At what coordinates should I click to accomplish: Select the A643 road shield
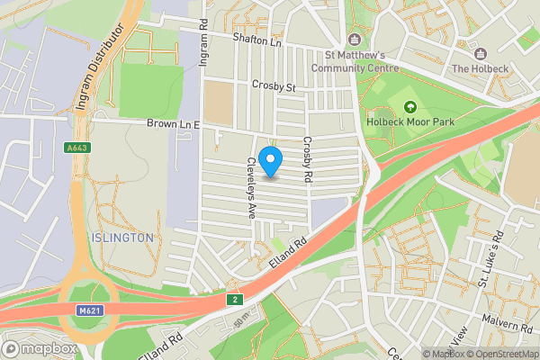[76, 148]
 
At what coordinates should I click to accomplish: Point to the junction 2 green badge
[234, 299]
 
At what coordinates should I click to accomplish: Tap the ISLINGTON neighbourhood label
[122, 237]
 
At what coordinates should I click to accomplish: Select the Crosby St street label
[273, 87]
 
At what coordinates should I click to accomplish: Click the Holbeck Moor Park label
[410, 122]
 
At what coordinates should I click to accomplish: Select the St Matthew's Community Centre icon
[355, 39]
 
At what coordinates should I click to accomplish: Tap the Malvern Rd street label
[507, 324]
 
